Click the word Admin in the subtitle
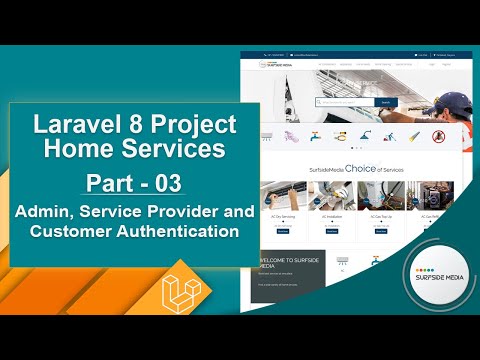point(40,212)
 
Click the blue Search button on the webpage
point(386,102)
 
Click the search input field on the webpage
point(345,102)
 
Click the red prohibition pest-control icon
point(437,135)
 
